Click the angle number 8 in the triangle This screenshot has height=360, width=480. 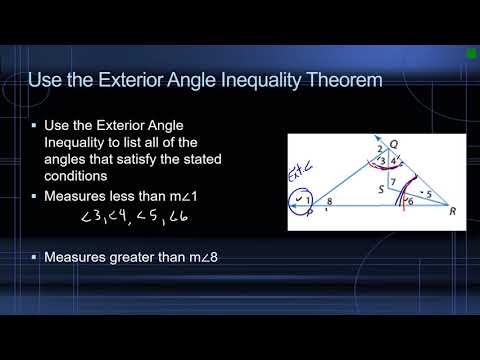(331, 204)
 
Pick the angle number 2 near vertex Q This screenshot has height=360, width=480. (353, 149)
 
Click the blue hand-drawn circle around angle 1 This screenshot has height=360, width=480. (300, 200)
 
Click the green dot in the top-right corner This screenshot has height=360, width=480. (471, 53)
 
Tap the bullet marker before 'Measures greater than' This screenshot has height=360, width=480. (34, 258)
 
